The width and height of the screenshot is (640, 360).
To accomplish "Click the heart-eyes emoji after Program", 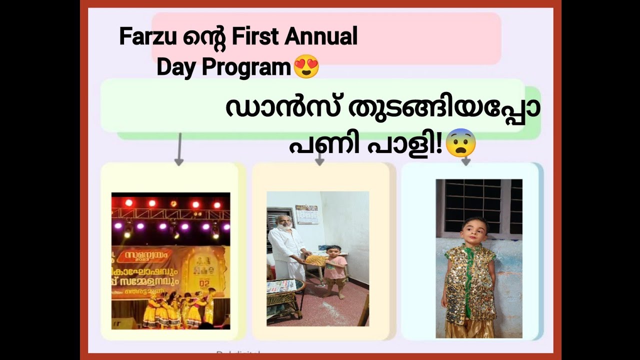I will pyautogui.click(x=306, y=67).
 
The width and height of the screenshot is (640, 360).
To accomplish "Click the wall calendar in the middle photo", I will pyautogui.click(x=306, y=214).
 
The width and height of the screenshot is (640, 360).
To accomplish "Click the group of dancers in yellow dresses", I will pyautogui.click(x=177, y=310).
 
